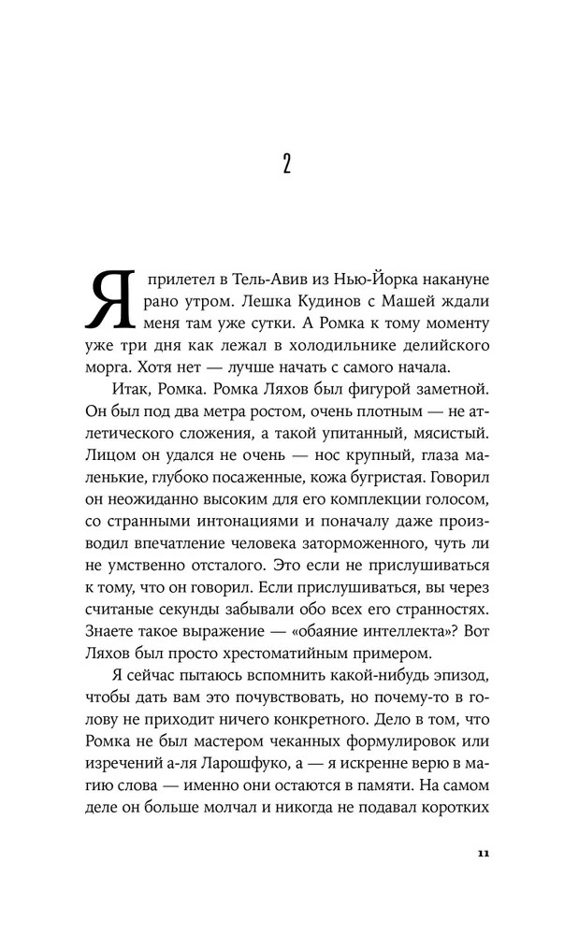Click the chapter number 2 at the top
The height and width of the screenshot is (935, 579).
pos(287,165)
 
